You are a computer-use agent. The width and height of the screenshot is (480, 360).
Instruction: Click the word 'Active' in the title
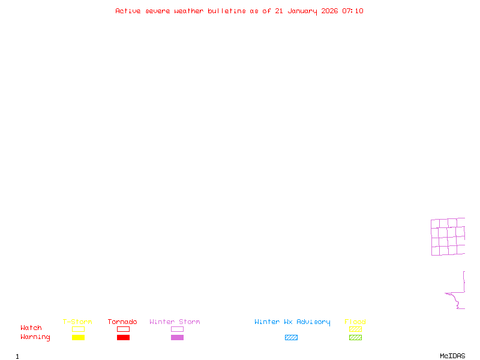point(128,11)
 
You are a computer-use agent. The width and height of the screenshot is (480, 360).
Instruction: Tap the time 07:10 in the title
point(353,11)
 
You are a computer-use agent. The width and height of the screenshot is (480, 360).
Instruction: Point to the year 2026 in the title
point(329,11)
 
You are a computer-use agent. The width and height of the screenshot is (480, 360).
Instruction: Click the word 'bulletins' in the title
point(227,11)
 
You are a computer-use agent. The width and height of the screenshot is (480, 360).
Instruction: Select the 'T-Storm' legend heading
point(77,322)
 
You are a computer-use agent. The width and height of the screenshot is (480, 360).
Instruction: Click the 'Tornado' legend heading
point(122,322)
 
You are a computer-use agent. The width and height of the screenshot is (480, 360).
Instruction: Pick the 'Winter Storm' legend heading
point(175,322)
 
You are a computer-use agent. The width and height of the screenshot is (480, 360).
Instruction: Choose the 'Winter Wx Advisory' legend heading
point(292,322)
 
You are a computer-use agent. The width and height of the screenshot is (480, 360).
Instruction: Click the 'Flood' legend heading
point(355,322)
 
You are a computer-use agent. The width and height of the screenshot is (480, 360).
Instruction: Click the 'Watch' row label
point(31,328)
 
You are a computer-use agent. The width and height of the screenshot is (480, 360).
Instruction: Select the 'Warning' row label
point(35,337)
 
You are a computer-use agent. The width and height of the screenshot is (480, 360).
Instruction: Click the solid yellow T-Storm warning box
point(78,338)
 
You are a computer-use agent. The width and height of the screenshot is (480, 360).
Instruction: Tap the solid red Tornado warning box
point(123,338)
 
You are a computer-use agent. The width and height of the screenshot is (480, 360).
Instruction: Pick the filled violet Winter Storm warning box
point(177,338)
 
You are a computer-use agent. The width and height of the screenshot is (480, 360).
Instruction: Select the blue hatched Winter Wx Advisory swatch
point(291,338)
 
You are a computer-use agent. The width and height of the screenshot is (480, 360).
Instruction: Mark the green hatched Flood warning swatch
point(355,338)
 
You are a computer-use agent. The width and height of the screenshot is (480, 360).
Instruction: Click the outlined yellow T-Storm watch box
point(78,329)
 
